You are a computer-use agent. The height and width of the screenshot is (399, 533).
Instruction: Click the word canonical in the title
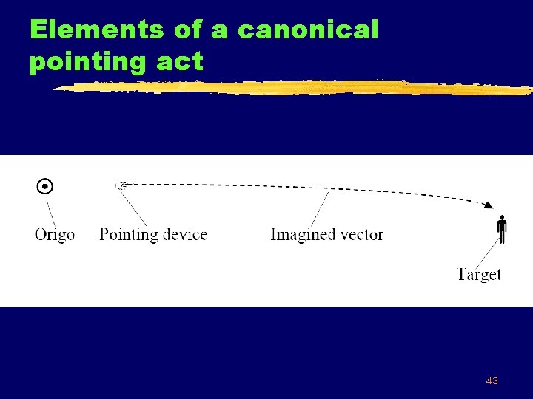(x=308, y=30)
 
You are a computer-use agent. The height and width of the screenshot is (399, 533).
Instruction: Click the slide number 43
(x=492, y=381)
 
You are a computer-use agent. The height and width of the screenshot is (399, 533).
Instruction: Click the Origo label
(x=55, y=235)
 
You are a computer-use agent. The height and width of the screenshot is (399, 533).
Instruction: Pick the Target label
(x=479, y=274)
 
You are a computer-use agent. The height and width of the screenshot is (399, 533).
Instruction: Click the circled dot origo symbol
(x=45, y=186)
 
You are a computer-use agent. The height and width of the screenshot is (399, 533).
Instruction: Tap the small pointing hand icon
(x=121, y=185)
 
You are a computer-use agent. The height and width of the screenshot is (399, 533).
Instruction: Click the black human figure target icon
(x=502, y=229)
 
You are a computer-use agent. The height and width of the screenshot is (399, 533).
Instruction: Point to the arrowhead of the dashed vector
(x=489, y=205)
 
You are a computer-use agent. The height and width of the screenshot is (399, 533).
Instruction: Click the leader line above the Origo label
(x=51, y=211)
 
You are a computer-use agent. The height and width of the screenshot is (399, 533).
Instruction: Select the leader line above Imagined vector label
(x=320, y=208)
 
